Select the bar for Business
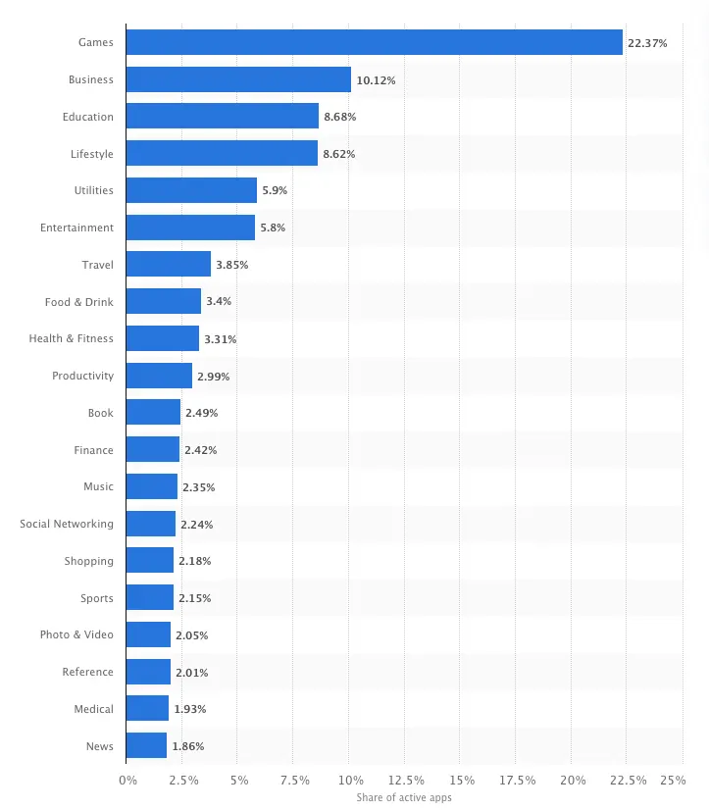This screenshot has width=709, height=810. (x=238, y=79)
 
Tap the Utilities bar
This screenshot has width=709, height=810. (x=191, y=190)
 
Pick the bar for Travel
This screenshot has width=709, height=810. (x=169, y=265)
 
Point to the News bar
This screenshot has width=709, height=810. (x=146, y=745)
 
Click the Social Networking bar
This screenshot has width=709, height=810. (x=151, y=524)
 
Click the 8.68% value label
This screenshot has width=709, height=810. (x=339, y=117)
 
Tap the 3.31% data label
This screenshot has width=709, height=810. (x=220, y=339)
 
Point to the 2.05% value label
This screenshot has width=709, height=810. (x=191, y=635)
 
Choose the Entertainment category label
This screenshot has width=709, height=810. (x=76, y=228)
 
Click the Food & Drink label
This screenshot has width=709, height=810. (x=78, y=302)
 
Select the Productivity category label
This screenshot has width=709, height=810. (x=82, y=376)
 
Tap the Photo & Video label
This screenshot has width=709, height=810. (x=76, y=634)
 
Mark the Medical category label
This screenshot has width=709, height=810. (x=93, y=709)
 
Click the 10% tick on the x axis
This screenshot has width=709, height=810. (x=350, y=781)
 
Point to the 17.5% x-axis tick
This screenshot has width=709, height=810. (x=517, y=781)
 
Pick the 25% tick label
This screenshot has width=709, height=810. (x=673, y=781)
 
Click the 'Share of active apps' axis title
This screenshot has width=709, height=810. (x=404, y=798)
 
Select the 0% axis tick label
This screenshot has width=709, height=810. (x=127, y=781)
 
